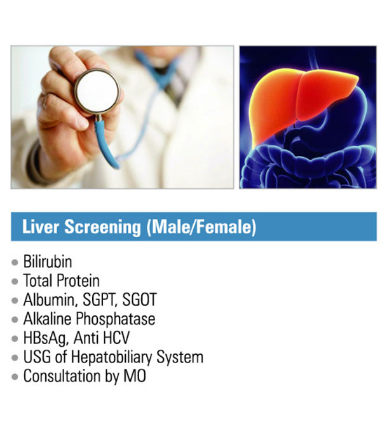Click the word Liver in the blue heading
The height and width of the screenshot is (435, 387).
(37, 227)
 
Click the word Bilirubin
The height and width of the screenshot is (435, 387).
(48, 261)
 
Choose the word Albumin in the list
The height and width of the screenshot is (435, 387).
(46, 300)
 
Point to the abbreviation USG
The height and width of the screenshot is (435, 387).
(36, 357)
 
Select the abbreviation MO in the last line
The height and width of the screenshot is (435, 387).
(135, 376)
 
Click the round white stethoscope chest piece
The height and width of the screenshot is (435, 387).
(97, 91)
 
